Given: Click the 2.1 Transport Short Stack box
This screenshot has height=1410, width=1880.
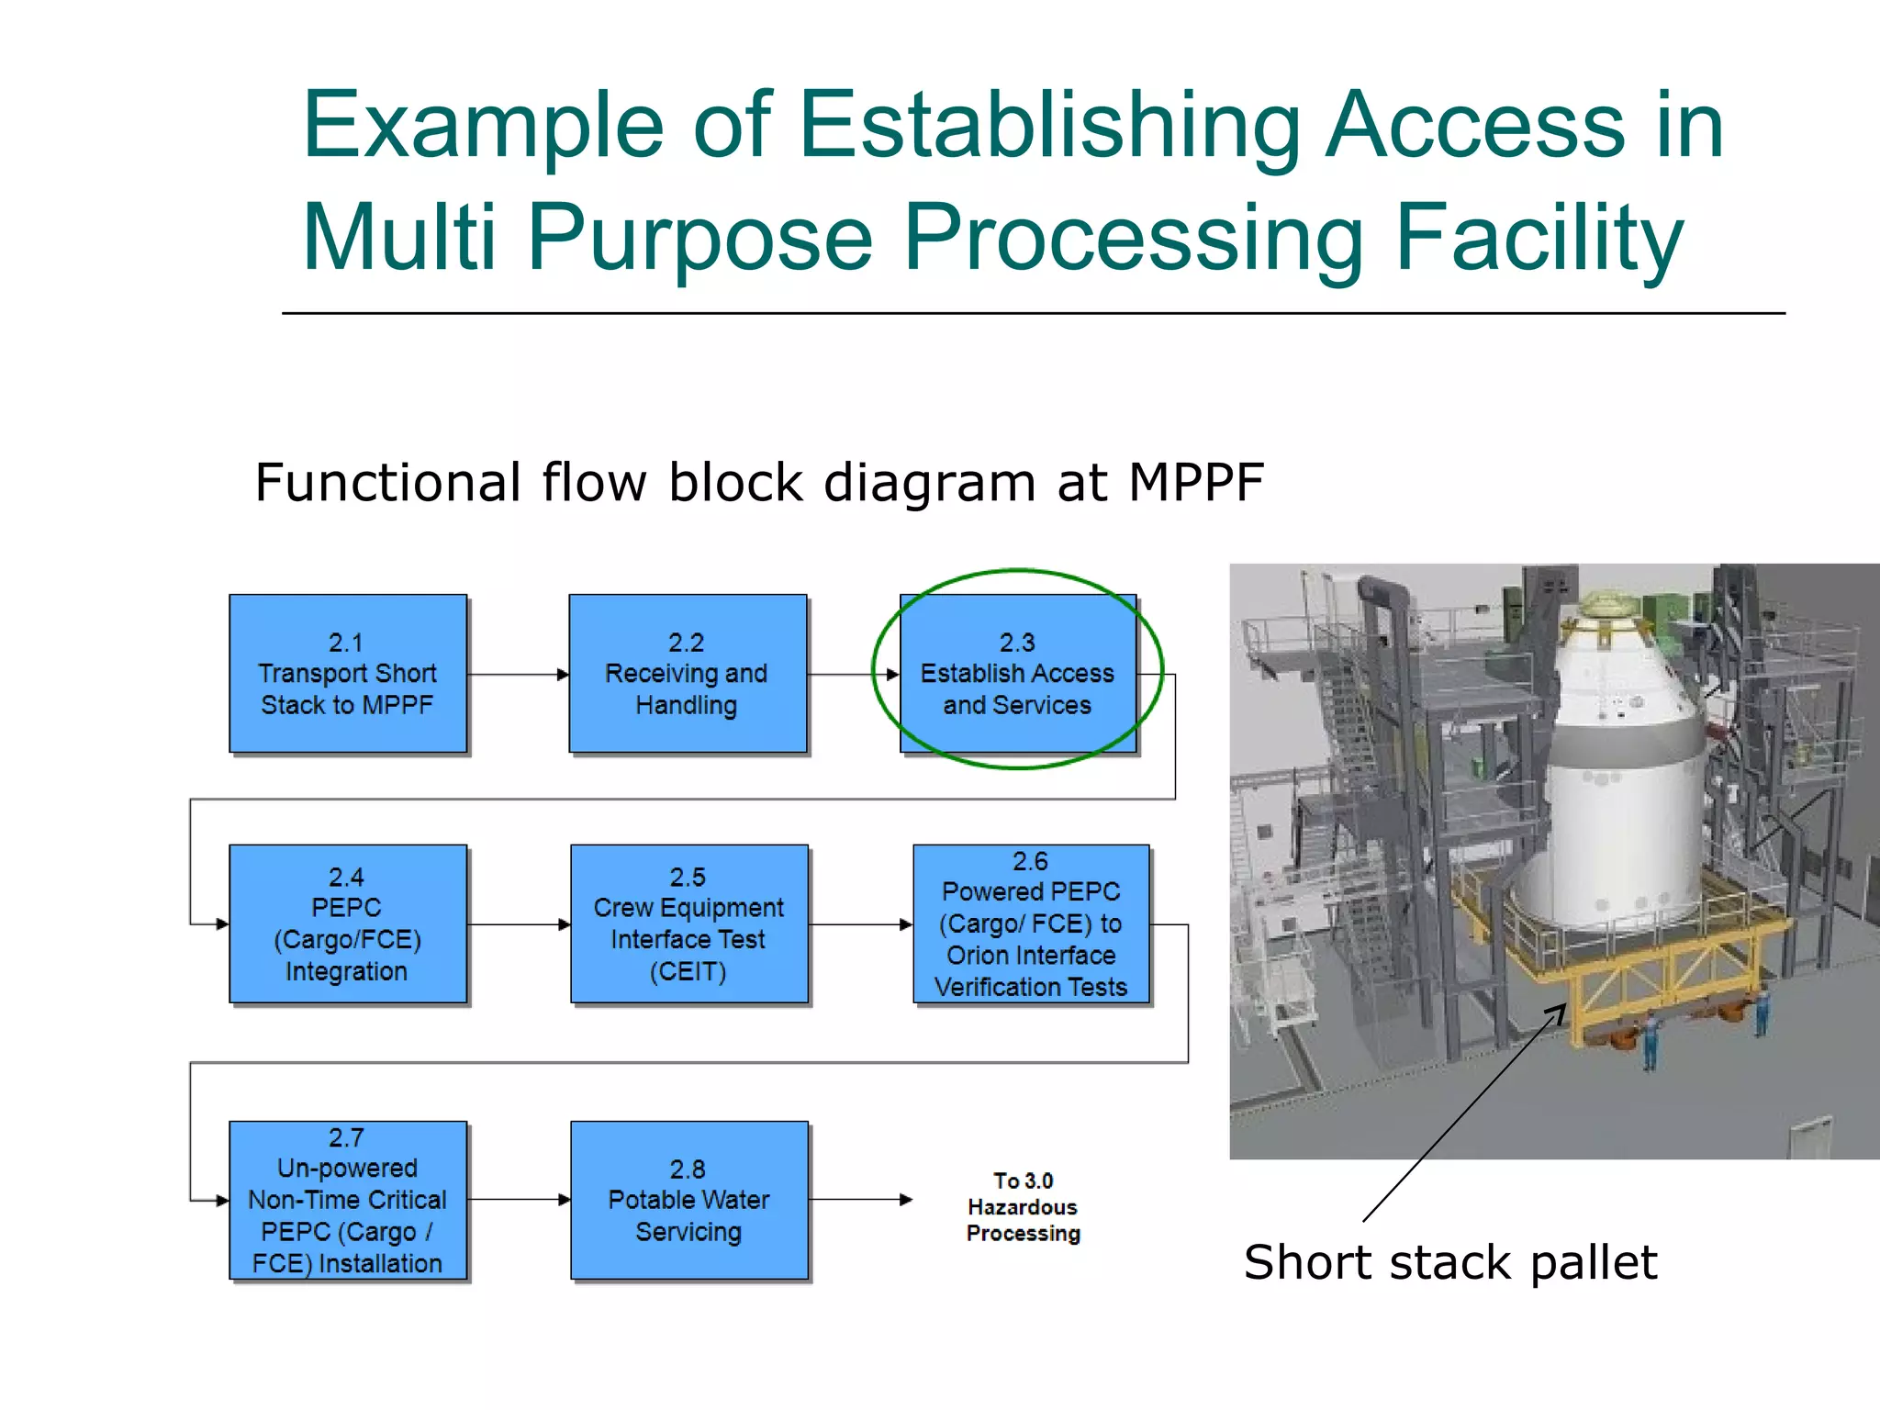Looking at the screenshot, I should pos(347,673).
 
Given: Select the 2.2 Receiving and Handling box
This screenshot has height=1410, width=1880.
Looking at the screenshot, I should pos(687,673).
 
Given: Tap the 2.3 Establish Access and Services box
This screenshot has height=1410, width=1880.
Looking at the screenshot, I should pos(1017,673).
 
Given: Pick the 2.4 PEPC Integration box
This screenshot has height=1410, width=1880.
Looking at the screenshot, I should pos(347,923).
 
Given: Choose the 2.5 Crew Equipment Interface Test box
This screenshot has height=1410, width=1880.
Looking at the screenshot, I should pos(688,923).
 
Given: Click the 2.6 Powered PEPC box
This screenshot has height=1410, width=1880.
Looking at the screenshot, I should pos(1030,923).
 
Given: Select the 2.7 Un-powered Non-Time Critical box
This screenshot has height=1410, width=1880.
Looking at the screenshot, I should pos(347,1200).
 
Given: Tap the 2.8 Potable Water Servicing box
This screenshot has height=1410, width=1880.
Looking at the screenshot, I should pos(688,1200).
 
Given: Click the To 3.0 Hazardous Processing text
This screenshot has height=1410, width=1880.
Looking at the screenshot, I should pos(1023,1206).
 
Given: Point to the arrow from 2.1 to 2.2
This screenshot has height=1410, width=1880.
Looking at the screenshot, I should pos(518,675).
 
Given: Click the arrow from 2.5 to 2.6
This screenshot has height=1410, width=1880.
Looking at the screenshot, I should pos(861,924).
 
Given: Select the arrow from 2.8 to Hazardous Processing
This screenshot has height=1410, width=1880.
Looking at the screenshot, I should pos(861,1200).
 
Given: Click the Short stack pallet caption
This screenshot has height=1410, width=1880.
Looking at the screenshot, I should pos(1449,1262).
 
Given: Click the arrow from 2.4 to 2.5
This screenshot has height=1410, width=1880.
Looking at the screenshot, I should pos(519,924).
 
